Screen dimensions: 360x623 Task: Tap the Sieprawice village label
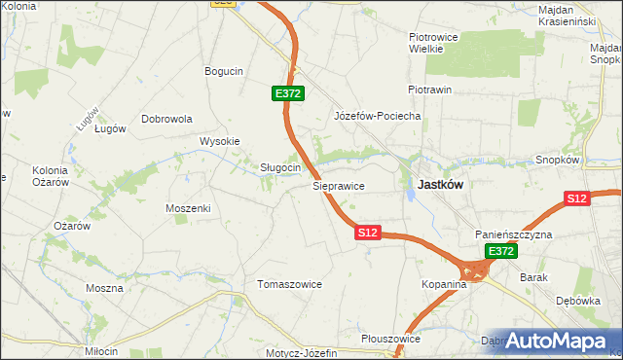[x=338, y=184]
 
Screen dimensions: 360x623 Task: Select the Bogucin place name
[x=223, y=71]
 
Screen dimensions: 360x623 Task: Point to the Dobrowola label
[x=167, y=119]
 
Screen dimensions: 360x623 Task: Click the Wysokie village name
[x=220, y=141]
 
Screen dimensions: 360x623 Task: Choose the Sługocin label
[x=279, y=167]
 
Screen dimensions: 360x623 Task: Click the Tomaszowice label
[x=289, y=284]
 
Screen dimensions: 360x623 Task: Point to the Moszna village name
[x=104, y=288]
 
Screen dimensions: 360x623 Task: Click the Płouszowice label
[x=389, y=339]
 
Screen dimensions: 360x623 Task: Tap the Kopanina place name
[x=445, y=284]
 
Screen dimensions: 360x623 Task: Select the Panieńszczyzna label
[x=514, y=235]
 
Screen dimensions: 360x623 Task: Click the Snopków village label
[x=558, y=160]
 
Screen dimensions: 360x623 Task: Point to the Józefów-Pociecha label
[x=377, y=116]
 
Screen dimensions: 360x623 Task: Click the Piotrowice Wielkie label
[x=425, y=42]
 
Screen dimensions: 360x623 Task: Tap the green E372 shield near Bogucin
[x=289, y=93]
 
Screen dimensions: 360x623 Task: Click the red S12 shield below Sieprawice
[x=367, y=233]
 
